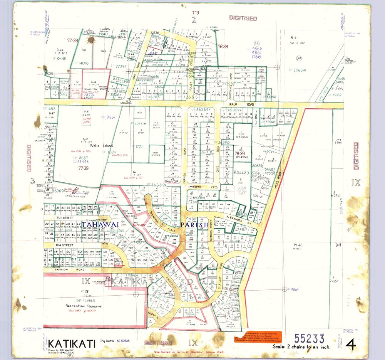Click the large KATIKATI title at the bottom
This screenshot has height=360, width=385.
pos(67,342)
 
